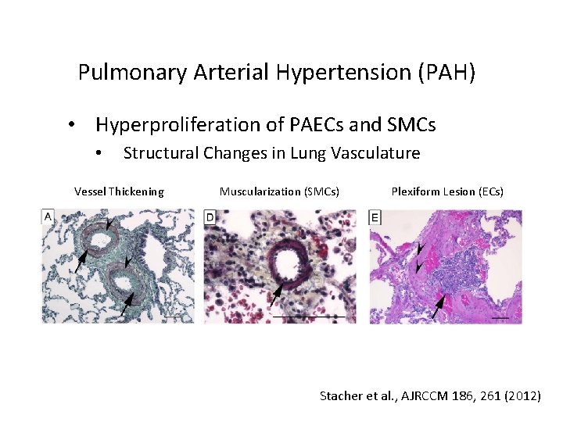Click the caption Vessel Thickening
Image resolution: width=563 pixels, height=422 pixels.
[119, 191]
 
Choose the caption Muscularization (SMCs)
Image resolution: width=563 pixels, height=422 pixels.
[279, 191]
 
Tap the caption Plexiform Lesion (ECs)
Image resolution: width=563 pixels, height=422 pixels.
[447, 191]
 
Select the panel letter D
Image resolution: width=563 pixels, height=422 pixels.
[210, 217]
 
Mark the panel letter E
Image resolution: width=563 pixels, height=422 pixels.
[375, 217]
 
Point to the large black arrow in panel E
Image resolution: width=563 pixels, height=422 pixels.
[439, 305]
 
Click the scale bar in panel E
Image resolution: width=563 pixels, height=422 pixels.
[501, 317]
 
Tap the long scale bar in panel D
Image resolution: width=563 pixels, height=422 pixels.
[308, 316]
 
